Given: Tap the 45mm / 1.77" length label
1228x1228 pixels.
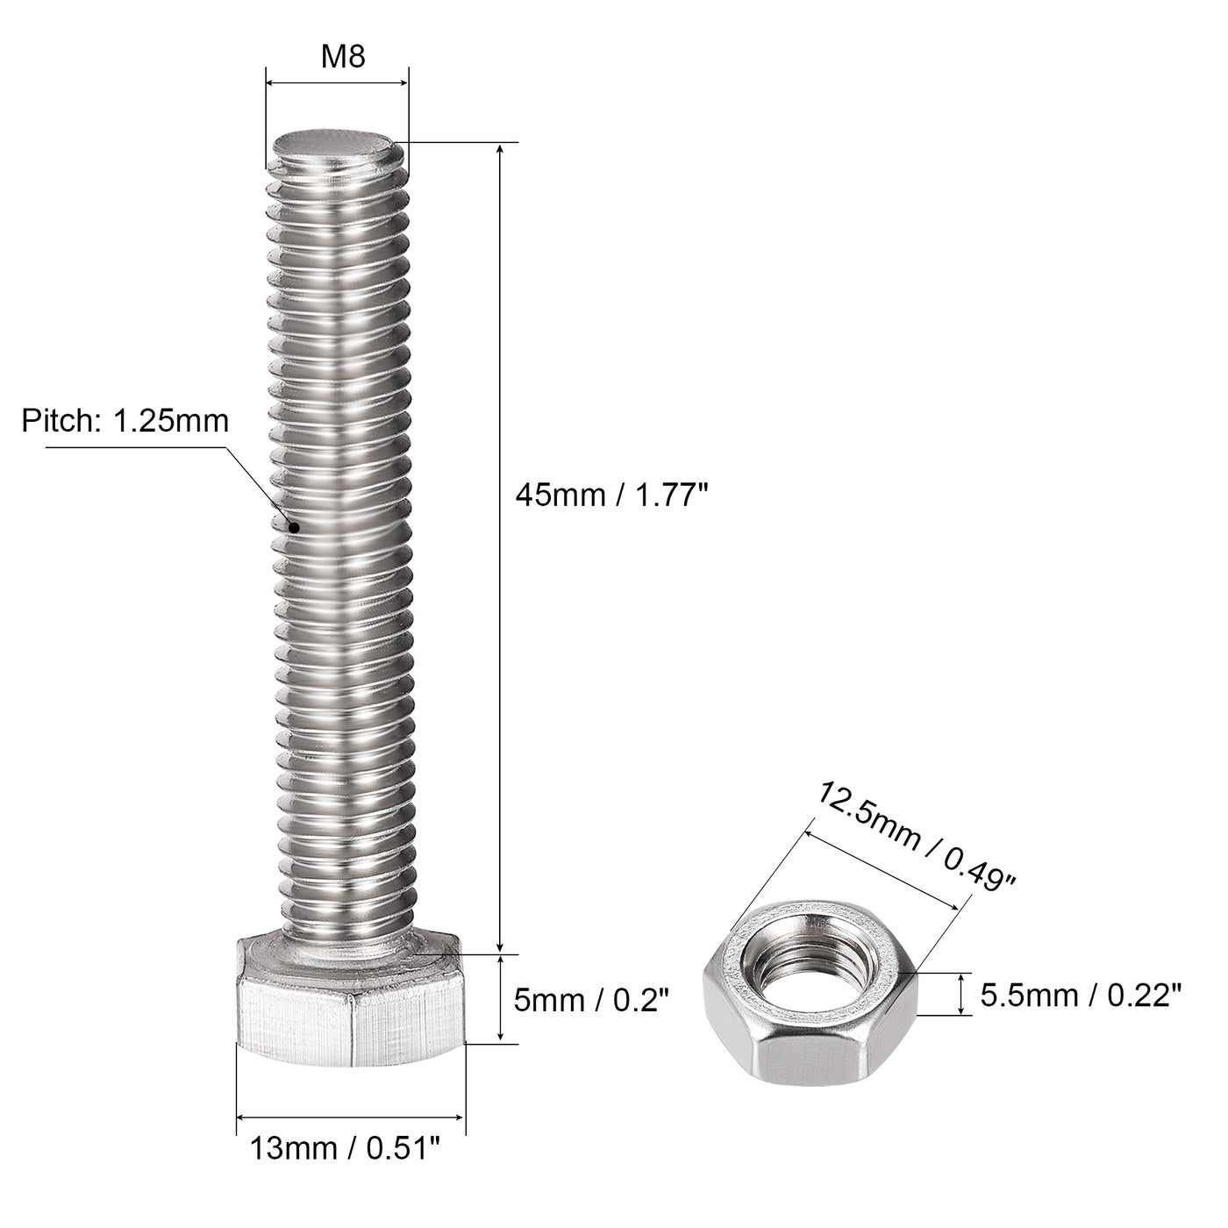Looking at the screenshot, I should click(610, 496).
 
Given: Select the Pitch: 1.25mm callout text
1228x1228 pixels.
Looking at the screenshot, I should click(125, 421).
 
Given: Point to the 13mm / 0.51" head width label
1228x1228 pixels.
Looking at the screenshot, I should click(345, 1147).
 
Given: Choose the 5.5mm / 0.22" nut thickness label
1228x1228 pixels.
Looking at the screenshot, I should click(1081, 995).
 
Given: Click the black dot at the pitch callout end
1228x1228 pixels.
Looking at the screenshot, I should click(294, 527).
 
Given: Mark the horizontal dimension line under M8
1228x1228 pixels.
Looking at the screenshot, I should click(337, 83).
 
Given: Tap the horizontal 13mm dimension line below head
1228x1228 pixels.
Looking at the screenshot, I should click(350, 1117).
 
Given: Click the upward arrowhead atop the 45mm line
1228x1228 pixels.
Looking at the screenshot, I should click(500, 150).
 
